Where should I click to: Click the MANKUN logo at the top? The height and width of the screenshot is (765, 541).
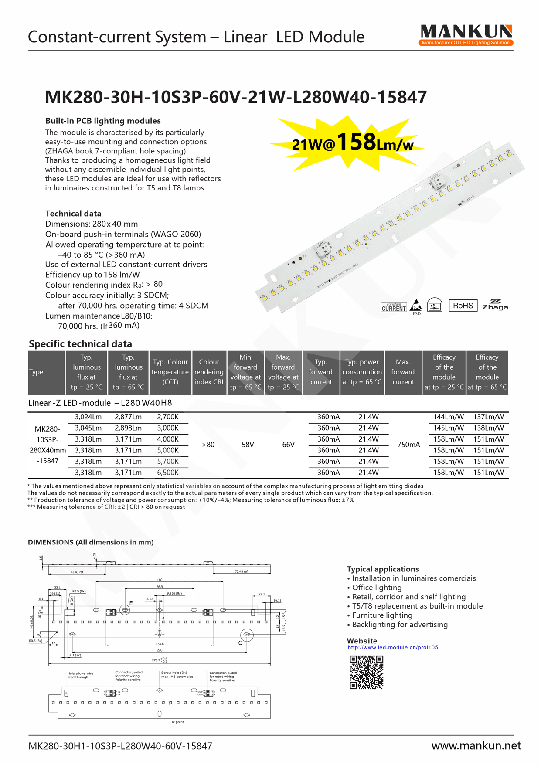click(x=466, y=35)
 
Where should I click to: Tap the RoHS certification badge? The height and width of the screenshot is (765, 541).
click(x=463, y=306)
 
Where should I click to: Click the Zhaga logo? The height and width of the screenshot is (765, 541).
click(x=495, y=305)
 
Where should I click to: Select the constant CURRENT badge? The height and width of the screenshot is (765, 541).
click(x=394, y=307)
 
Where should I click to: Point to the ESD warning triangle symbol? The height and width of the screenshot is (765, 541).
click(x=416, y=305)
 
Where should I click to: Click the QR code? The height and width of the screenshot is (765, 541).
click(x=366, y=672)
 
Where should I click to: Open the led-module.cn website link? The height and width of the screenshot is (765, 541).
click(x=393, y=647)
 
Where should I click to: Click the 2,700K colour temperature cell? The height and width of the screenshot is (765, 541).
click(x=168, y=417)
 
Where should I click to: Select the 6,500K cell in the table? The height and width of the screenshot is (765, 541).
click(x=168, y=473)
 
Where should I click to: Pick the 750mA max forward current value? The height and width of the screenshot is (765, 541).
click(x=408, y=445)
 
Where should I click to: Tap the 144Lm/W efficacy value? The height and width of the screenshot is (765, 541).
click(x=448, y=417)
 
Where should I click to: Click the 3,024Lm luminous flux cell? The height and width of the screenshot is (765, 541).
click(x=88, y=417)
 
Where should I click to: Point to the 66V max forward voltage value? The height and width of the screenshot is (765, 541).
click(x=288, y=445)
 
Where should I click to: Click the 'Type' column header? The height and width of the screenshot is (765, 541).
click(x=36, y=372)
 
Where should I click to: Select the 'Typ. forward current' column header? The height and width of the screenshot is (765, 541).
click(x=321, y=372)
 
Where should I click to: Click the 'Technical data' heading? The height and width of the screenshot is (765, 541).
click(x=73, y=214)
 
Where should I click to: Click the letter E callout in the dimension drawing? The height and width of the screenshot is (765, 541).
click(x=131, y=603)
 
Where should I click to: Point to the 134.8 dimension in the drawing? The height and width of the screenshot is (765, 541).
click(x=160, y=644)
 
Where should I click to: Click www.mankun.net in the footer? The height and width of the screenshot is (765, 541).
click(x=476, y=745)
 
